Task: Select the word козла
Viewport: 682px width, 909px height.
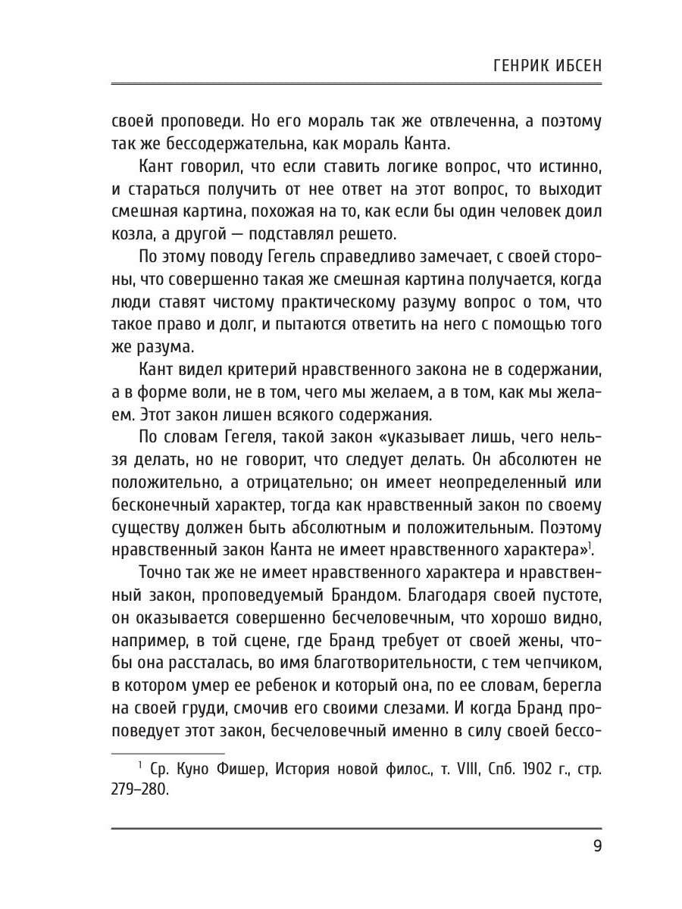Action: click(132, 235)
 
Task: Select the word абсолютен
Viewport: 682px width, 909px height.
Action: click(540, 460)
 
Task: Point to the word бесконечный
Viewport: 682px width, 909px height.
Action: click(161, 505)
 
